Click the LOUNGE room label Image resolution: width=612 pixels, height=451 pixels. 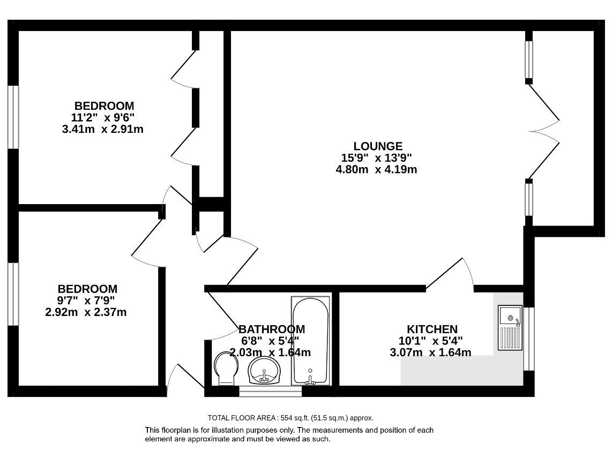tap(378, 146)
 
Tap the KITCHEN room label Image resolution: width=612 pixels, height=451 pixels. tap(432, 329)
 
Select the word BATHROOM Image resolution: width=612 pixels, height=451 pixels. tap(272, 329)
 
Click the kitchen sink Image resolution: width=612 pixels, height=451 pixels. tap(510, 327)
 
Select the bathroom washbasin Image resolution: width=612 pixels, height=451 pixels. tap(264, 370)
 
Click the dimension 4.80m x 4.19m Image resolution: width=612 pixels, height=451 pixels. tap(376, 169)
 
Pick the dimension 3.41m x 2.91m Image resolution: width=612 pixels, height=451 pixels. tap(103, 129)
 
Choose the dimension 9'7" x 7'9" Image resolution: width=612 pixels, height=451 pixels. tap(86, 300)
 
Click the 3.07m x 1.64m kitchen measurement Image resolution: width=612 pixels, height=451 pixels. tap(430, 352)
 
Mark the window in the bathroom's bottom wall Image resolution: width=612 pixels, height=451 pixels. tap(271, 391)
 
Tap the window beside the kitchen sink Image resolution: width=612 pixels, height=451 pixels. tap(528, 339)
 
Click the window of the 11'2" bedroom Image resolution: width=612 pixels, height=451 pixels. tap(13, 117)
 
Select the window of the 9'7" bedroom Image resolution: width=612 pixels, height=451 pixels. tap(13, 294)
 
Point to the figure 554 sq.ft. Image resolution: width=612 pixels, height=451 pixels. tap(295, 418)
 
